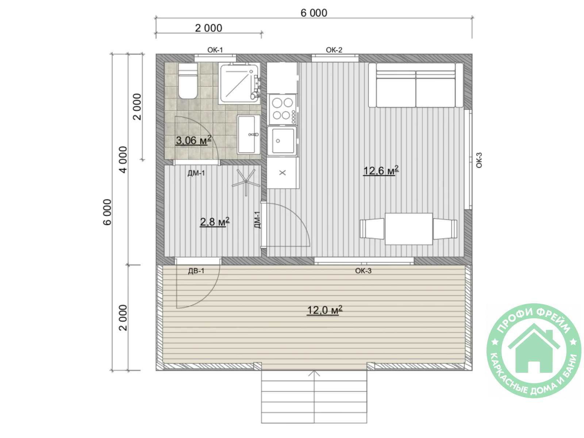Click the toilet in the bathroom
tap(188, 81)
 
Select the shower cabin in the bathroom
tap(239, 83)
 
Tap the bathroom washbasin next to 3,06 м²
tap(248, 134)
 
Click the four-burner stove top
tap(283, 109)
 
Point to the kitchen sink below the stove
tap(282, 141)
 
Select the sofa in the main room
tap(415, 85)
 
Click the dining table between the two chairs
tap(408, 228)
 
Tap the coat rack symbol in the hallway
tap(246, 181)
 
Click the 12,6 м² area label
tap(380, 170)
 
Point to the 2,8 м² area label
tap(215, 222)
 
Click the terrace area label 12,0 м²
tap(324, 310)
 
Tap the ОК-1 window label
tap(215, 50)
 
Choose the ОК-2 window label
tap(334, 50)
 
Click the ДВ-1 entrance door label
tap(196, 271)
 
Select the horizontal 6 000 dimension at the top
tap(314, 13)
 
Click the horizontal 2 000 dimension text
tap(208, 28)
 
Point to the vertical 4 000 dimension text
tap(123, 160)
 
